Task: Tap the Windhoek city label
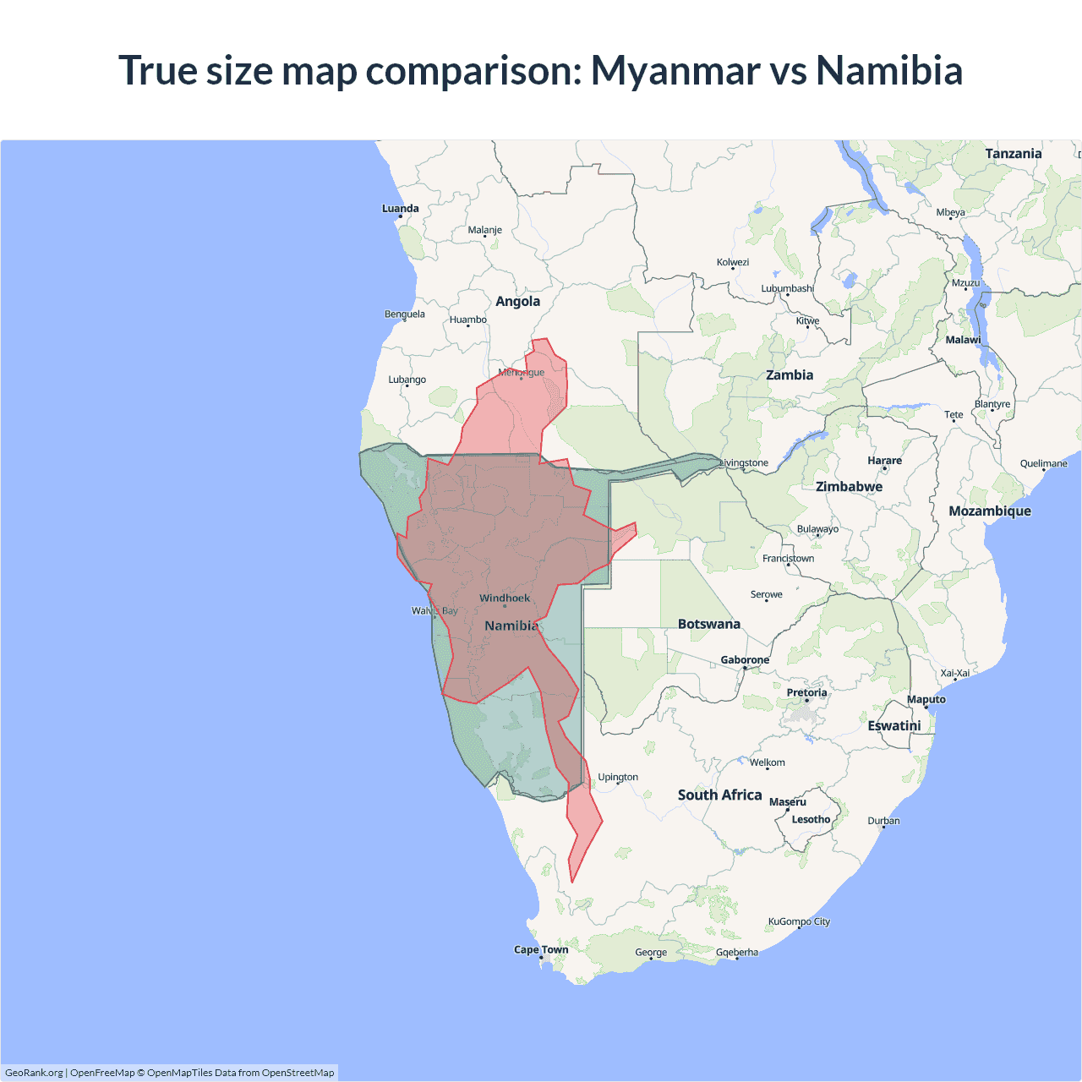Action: coord(505,598)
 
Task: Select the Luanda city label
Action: coord(400,209)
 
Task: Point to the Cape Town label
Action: coord(541,950)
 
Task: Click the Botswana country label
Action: coord(708,625)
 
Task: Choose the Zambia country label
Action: coord(789,375)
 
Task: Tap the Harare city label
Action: coord(884,461)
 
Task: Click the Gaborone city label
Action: coord(745,660)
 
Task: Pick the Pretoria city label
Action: coord(806,693)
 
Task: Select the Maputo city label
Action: coord(926,700)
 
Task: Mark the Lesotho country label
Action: coord(811,820)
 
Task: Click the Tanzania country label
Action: coord(1013,154)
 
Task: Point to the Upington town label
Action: coord(618,778)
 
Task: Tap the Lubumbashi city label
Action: coord(787,289)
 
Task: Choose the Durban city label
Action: coord(883,821)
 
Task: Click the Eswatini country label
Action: coord(893,726)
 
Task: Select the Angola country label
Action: coord(517,302)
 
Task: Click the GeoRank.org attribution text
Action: coord(34,1073)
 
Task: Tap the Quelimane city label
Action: coord(1043,464)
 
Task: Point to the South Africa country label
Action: coord(719,795)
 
